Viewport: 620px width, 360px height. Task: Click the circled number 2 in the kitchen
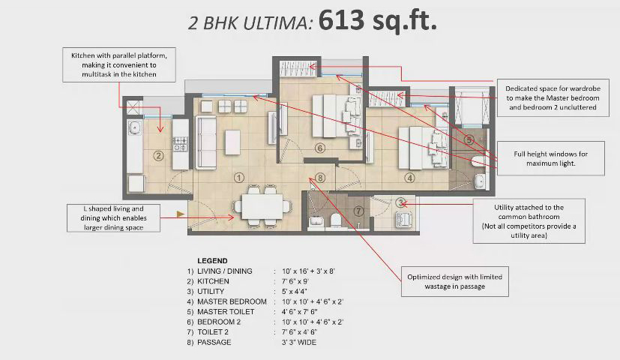click(x=158, y=156)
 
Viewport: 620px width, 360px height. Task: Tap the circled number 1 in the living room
click(x=239, y=178)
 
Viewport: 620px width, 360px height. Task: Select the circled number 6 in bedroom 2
click(x=320, y=148)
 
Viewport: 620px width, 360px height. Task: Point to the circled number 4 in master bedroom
click(x=409, y=178)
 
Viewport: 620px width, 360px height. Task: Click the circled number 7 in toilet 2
click(x=358, y=211)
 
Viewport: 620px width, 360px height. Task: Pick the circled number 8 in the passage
click(x=320, y=178)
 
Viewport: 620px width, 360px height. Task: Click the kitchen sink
click(x=134, y=127)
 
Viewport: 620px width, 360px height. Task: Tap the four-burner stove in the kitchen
click(x=181, y=144)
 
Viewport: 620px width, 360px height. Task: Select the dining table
click(x=262, y=206)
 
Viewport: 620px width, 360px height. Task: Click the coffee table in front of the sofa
click(x=232, y=142)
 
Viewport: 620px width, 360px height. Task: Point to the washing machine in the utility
click(x=404, y=219)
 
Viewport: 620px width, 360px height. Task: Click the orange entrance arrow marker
click(x=181, y=214)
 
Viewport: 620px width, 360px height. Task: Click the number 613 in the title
click(x=341, y=19)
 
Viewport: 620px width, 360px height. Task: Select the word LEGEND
click(x=212, y=261)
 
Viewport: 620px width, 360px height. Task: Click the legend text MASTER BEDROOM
click(x=232, y=301)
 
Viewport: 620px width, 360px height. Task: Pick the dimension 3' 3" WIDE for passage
click(x=299, y=342)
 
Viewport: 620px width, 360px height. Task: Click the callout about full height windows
click(x=550, y=158)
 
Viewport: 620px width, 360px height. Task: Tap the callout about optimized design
click(x=455, y=281)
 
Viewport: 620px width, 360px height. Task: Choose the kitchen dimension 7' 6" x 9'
click(x=295, y=281)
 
